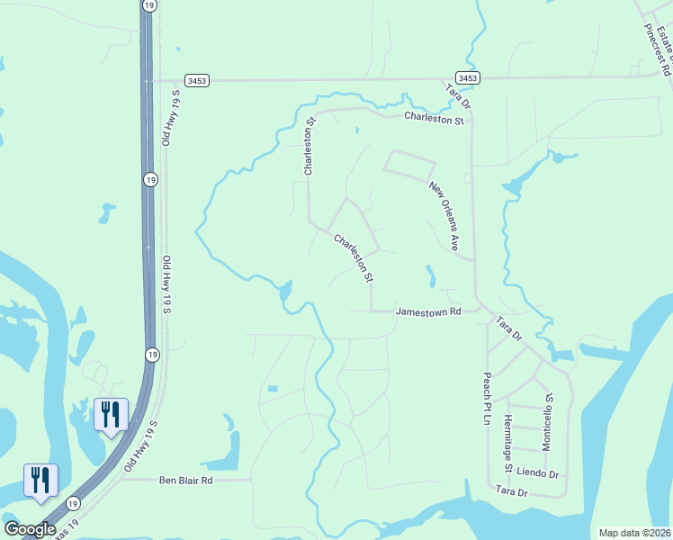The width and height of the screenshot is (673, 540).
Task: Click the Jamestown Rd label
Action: [x=428, y=311]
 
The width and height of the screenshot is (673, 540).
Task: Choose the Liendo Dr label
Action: [x=539, y=474]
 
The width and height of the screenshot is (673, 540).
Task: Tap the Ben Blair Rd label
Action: [x=187, y=481]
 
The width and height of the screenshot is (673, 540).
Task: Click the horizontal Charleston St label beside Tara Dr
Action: [x=434, y=118]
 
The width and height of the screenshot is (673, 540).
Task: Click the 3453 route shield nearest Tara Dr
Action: [x=467, y=78]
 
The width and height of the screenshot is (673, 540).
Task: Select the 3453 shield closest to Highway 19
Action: [x=197, y=80]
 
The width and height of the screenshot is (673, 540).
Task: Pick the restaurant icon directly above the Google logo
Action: [x=40, y=480]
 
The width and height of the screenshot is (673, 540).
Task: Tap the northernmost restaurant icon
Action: [x=112, y=414]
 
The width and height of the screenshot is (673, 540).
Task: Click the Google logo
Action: [x=30, y=529]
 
